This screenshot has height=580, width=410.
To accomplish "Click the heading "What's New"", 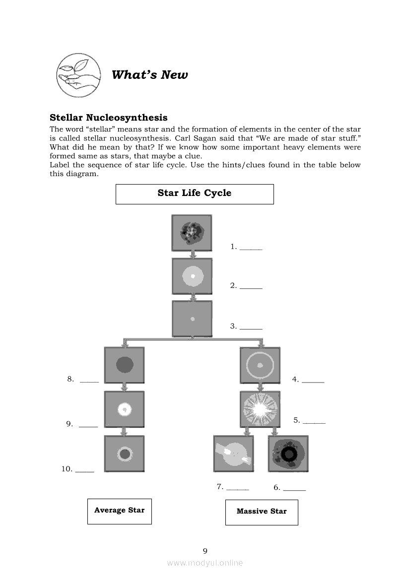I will (149, 75).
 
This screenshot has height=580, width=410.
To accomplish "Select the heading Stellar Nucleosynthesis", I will (108, 118).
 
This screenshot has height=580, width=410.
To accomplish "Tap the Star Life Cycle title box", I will (195, 193).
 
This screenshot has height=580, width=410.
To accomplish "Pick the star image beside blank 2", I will (192, 276).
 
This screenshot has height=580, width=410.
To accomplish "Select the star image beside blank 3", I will (192, 319).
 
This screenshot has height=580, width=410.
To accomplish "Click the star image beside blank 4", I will (260, 366).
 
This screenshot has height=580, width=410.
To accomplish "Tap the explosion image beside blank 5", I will (260, 409).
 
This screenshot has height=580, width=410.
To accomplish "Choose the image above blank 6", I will (288, 453).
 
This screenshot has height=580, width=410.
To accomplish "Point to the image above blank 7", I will (233, 453).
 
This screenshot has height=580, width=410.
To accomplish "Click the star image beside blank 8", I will (125, 365).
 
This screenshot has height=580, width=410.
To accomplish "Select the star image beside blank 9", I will (125, 409).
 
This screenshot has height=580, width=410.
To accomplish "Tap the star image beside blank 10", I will (125, 453).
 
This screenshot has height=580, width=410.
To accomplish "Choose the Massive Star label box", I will (262, 512).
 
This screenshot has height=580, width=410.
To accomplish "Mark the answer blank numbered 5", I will (314, 421).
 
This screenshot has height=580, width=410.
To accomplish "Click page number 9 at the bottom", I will (205, 551).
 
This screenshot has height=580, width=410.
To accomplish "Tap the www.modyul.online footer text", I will (205, 563).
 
